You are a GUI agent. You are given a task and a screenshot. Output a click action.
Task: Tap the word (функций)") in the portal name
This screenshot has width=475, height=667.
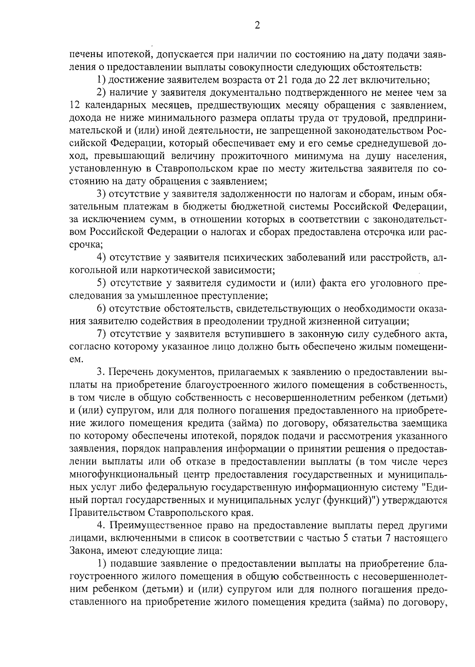(351, 500)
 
